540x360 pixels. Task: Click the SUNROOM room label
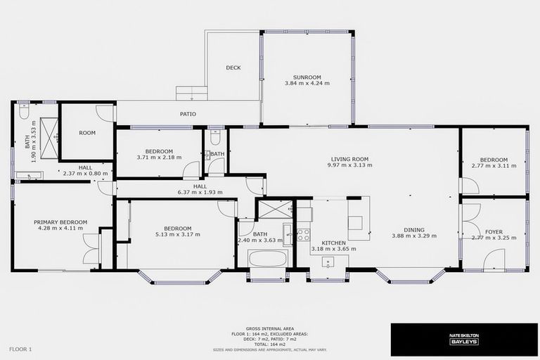coord(307,76)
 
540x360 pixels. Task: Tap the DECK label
coord(233,68)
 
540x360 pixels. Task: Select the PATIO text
coord(188,114)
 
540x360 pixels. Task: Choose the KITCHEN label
coord(328,243)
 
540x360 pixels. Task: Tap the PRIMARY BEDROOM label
coord(60,222)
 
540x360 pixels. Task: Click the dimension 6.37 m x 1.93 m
coord(200,192)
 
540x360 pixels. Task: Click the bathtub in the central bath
coord(267,258)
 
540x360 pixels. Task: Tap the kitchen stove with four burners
coord(303,235)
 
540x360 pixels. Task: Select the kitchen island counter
coord(359,219)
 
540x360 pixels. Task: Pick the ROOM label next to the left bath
coord(87,133)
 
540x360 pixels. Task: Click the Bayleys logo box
coord(463,340)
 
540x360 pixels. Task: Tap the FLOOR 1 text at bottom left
coord(20,349)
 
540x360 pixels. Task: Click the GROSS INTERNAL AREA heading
coord(269,328)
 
